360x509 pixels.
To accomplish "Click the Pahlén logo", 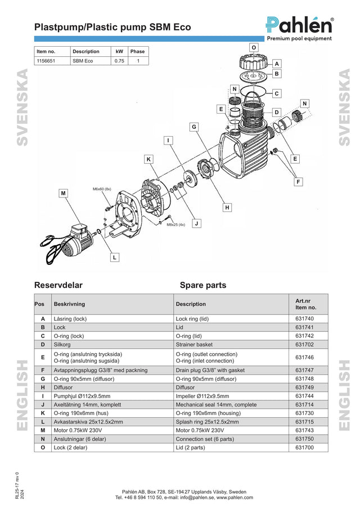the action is [x=299, y=29].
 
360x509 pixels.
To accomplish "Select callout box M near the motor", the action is [x=64, y=193].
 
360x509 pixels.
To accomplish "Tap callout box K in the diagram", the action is [x=148, y=159].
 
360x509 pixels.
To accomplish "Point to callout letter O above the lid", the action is [x=254, y=47].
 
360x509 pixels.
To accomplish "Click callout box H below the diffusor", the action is [x=227, y=207].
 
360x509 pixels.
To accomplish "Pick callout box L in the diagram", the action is [x=115, y=258].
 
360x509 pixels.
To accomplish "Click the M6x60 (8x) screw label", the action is [x=102, y=189].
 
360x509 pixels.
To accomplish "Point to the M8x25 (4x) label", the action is [x=176, y=224].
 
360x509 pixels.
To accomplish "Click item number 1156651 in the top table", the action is [x=46, y=61].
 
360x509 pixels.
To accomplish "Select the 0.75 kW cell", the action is [x=119, y=61].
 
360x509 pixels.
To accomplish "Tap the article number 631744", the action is [x=304, y=396].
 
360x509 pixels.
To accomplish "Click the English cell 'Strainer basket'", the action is [x=194, y=344].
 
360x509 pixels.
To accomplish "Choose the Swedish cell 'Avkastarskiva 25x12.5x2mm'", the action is [x=88, y=422].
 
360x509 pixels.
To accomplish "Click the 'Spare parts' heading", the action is [x=203, y=285].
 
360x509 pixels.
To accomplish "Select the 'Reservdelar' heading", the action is [x=58, y=285].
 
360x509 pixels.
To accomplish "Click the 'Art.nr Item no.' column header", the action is [x=305, y=304].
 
